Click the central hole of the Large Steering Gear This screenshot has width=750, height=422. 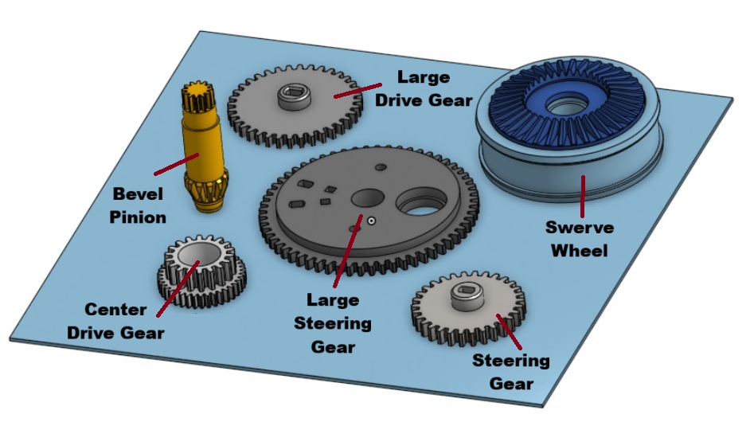[368, 197]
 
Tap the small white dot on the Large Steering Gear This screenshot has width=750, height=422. [371, 221]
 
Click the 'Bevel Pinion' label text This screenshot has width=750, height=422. [138, 205]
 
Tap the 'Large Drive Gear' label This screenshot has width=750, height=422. [424, 88]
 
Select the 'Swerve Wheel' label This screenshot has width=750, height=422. [580, 239]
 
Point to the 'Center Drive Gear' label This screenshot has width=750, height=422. [115, 321]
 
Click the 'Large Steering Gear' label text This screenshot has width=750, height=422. [333, 323]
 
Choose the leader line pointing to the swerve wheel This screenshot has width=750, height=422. [583, 197]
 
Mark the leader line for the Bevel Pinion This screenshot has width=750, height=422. [176, 164]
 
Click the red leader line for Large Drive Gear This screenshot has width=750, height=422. [357, 91]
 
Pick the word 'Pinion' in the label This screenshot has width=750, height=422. [138, 217]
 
